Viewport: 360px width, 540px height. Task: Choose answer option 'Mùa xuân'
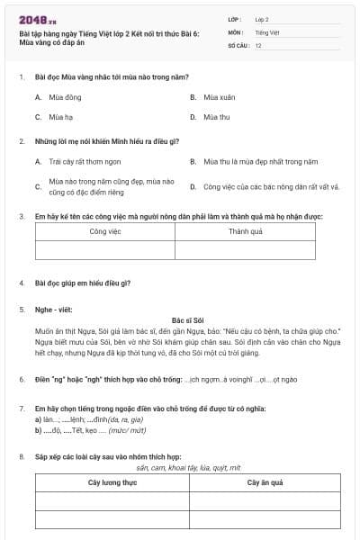pyautogui.click(x=219, y=96)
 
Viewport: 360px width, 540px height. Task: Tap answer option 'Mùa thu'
pyautogui.click(x=216, y=117)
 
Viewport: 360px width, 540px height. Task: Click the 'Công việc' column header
pyautogui.click(x=105, y=231)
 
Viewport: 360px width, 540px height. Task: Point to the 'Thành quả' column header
pyautogui.click(x=245, y=231)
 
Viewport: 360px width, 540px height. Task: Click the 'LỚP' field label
pyautogui.click(x=236, y=19)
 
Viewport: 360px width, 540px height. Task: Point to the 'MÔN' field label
pyautogui.click(x=236, y=31)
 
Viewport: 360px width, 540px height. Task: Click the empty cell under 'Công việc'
pyautogui.click(x=105, y=250)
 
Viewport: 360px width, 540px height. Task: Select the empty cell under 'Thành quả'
pyautogui.click(x=245, y=250)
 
